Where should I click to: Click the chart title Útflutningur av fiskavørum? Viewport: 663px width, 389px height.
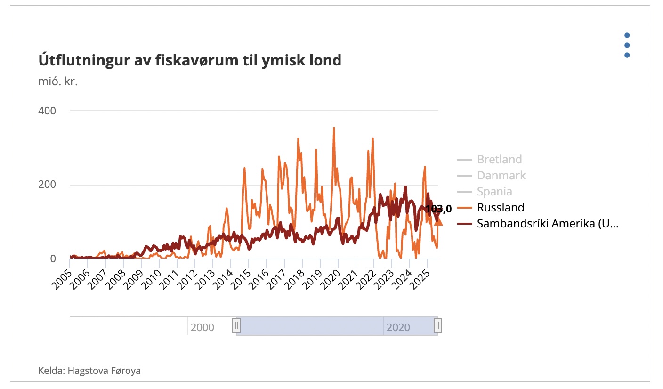point(189,60)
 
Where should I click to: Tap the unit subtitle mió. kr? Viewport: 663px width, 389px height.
point(58,81)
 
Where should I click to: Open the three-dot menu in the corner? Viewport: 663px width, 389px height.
point(627,45)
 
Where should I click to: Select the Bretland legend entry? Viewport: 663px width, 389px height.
point(499,160)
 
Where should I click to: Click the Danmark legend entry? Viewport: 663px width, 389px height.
point(501,176)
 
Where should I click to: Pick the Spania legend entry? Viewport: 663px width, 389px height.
point(494,192)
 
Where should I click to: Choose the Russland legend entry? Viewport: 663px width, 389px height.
point(501,208)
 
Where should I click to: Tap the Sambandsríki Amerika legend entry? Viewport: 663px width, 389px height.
point(547,224)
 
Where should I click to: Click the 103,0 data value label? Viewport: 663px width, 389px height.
point(438,209)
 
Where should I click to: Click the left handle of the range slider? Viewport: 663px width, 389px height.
point(236,325)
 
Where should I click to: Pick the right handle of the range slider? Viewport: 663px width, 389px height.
point(438,325)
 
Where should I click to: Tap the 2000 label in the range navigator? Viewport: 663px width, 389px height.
point(202,327)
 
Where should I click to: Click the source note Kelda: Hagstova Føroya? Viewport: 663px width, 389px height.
point(89,371)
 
